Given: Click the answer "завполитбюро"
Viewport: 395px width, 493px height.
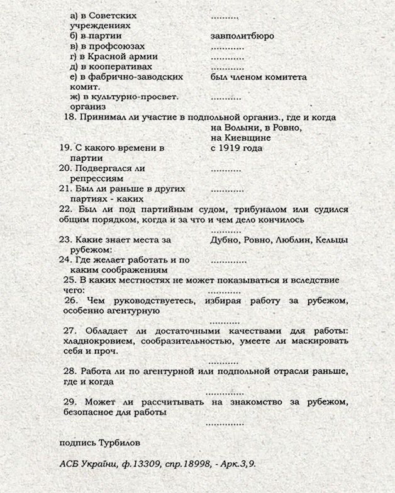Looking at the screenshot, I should [242, 36].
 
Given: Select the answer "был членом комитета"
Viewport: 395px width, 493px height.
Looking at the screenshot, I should [259, 77].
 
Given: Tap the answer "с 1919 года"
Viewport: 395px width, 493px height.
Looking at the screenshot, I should [236, 148].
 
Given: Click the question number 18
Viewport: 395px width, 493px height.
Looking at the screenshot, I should [69, 117].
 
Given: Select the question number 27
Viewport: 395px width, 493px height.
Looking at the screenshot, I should [70, 330].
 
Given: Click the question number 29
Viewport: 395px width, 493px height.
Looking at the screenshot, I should [70, 401].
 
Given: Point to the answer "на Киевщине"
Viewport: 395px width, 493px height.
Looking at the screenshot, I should [241, 138].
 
